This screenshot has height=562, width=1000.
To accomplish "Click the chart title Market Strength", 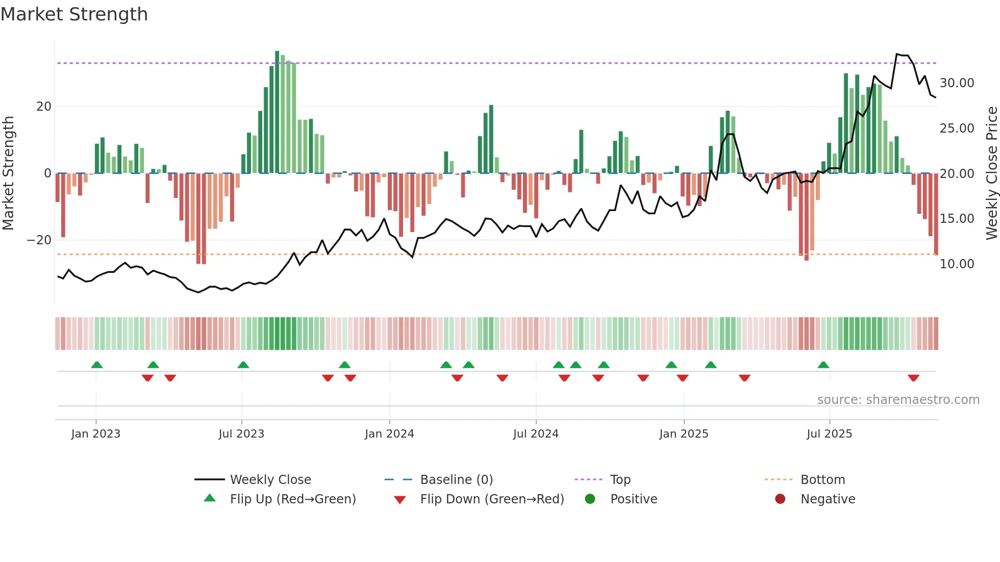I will (x=74, y=14).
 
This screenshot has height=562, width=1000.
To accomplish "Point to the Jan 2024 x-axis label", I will (x=389, y=434).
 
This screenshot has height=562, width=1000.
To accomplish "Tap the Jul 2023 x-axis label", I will (x=241, y=434).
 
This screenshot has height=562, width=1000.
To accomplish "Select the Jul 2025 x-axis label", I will (x=829, y=434).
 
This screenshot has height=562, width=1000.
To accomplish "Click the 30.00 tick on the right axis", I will (x=957, y=83).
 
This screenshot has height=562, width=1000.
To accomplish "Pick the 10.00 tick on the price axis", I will (x=957, y=264).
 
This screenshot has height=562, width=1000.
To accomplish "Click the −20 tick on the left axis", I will (x=39, y=240).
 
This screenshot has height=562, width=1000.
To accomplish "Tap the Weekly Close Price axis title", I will (x=991, y=173).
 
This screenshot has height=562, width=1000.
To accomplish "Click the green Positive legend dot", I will (x=590, y=499).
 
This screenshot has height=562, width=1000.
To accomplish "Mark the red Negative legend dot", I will (x=780, y=499).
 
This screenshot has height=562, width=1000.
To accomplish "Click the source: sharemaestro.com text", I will (x=898, y=400).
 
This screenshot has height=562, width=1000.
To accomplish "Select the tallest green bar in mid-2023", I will (x=277, y=112).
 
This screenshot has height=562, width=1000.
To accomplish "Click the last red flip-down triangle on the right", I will (x=913, y=378).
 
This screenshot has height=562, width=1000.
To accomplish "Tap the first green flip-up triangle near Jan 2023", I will (x=97, y=365).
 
